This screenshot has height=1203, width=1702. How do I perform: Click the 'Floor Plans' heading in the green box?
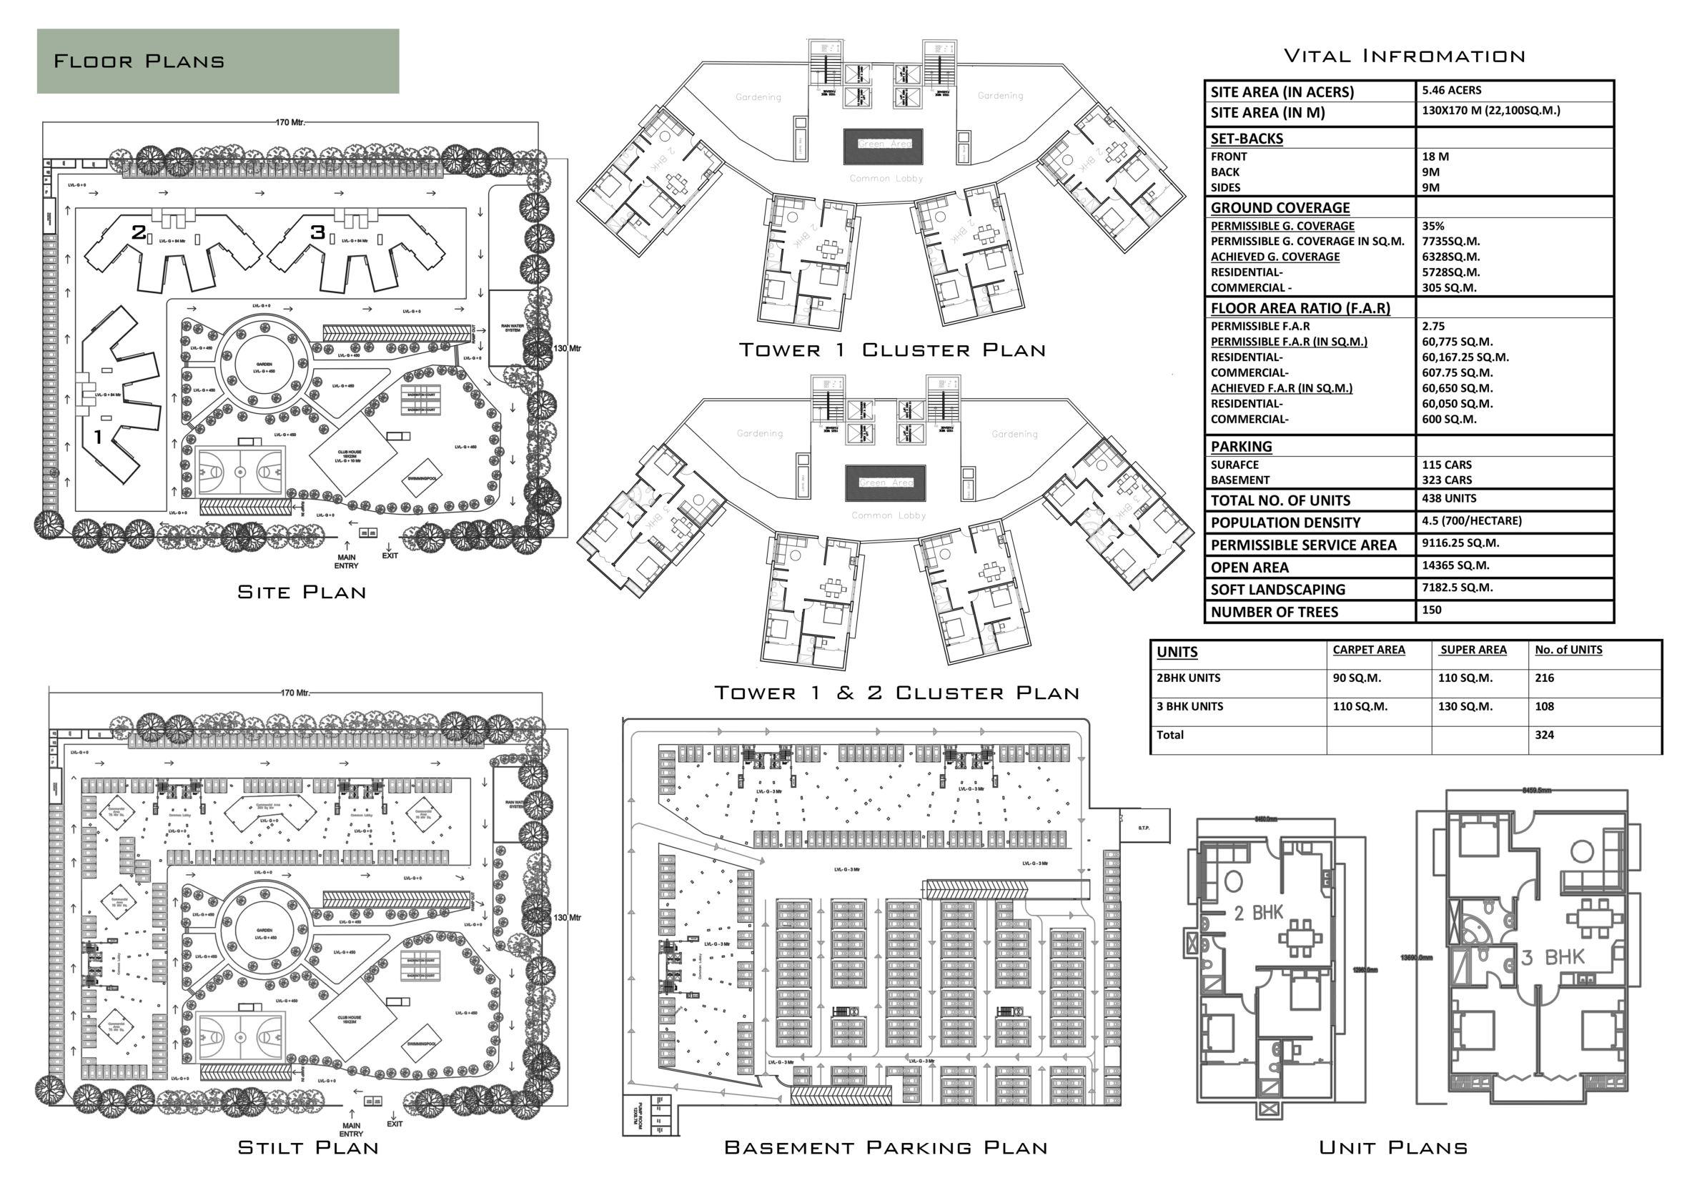coord(139,61)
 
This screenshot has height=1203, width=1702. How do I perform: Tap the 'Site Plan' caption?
coord(302,593)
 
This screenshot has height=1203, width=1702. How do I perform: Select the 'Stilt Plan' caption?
coord(308,1147)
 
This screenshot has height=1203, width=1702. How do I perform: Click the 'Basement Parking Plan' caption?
coord(886,1147)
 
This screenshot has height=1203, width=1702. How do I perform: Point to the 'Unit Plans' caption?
coord(1393,1147)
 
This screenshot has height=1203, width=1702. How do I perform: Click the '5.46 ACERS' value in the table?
coord(1451,91)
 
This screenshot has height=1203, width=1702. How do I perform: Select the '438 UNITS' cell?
coord(1448,499)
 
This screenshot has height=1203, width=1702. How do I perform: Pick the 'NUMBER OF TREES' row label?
coord(1275,613)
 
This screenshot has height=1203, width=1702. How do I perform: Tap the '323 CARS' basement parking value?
coord(1446,480)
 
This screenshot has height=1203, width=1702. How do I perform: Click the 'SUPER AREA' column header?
coord(1473,650)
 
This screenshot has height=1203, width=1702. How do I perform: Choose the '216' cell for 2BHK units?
coord(1544,678)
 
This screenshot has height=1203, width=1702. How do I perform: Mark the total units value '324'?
coord(1544,736)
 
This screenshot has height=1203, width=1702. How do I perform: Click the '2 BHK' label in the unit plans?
coord(1258,914)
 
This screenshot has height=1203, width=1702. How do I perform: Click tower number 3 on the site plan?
coord(318,232)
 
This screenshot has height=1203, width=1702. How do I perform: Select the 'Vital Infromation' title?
coord(1404,56)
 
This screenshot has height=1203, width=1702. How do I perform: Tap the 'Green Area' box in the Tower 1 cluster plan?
coord(885,144)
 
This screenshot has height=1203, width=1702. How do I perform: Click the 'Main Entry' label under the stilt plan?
coord(352,1129)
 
